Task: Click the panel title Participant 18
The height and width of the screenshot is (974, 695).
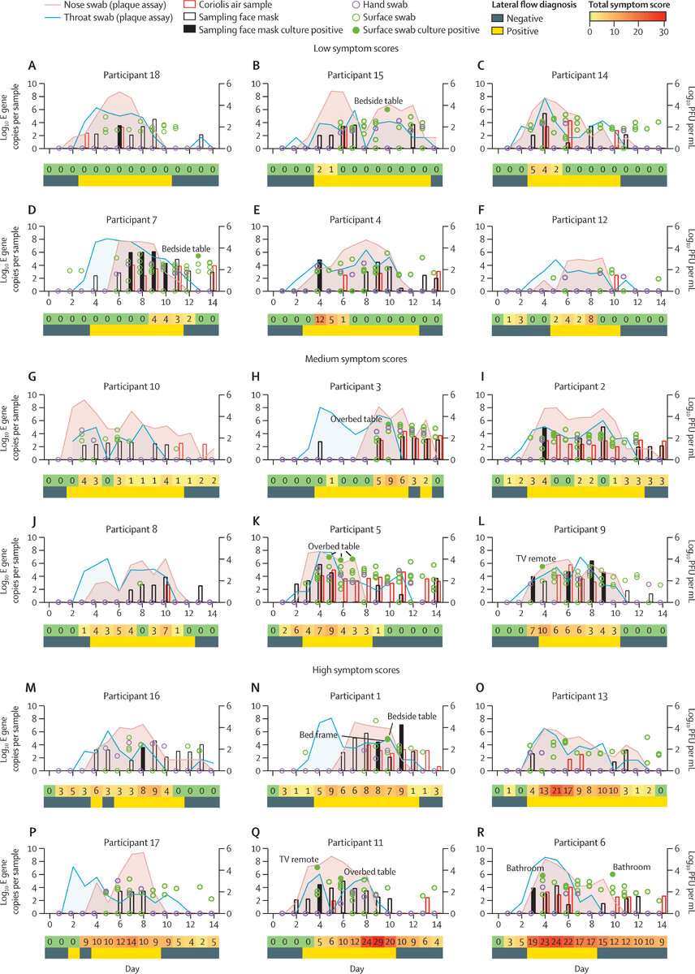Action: pyautogui.click(x=132, y=75)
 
